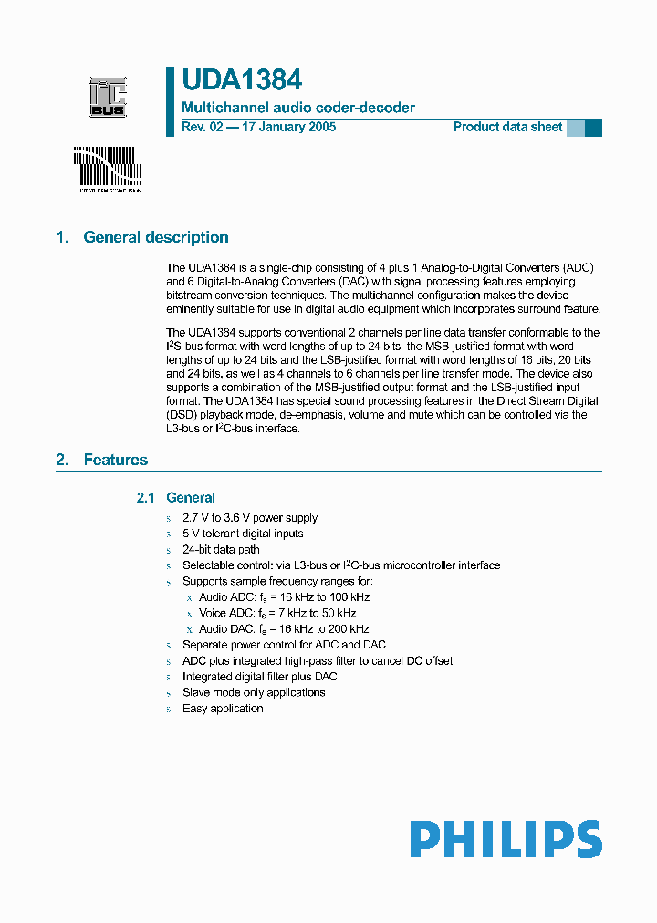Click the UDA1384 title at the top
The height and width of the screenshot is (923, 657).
coord(242,81)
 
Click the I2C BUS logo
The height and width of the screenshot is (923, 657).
coord(107,98)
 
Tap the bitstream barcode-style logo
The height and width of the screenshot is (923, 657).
coord(106,169)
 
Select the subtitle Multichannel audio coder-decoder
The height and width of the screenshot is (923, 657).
coord(298,108)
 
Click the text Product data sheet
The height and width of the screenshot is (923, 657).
coord(507,128)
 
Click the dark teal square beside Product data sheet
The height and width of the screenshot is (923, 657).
coord(593,128)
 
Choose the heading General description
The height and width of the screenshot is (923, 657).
coord(156,237)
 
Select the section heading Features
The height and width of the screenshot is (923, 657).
coord(115,460)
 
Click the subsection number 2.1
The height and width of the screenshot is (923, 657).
coord(147,498)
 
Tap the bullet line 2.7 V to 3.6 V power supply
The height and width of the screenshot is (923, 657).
coord(250,518)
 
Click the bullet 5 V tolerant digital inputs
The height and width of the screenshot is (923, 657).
coord(243,534)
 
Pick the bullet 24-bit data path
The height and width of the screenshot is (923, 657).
coord(221,550)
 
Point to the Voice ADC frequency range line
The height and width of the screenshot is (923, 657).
coord(277,613)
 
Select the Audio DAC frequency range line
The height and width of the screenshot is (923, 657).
coord(284,629)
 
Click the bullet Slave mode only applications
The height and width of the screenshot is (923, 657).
coord(254,692)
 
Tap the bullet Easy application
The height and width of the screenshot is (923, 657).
coord(223,709)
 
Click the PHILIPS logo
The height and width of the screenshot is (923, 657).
coord(506,839)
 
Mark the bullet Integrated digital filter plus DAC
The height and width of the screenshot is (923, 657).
coord(259,677)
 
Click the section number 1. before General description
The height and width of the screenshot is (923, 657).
coord(62,237)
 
